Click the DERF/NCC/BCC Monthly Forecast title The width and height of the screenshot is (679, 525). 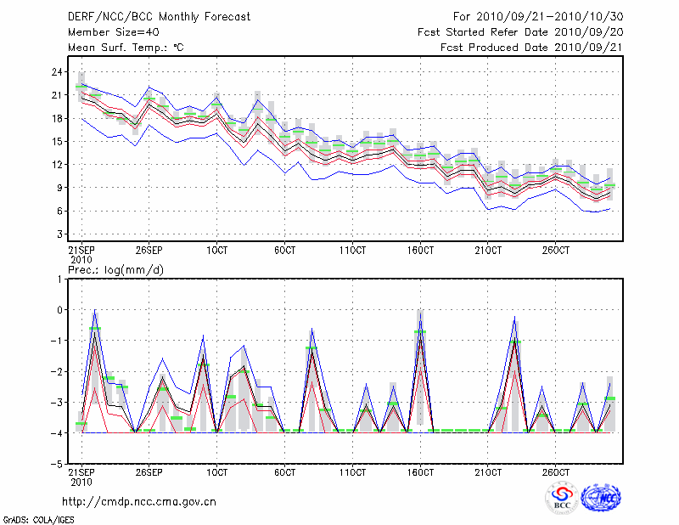pyautogui.click(x=159, y=16)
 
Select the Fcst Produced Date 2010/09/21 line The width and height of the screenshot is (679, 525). pyautogui.click(x=532, y=47)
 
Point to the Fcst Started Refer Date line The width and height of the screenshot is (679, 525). pyautogui.click(x=521, y=31)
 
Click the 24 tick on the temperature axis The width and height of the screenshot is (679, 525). pyautogui.click(x=58, y=72)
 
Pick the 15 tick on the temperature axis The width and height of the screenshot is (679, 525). pyautogui.click(x=58, y=141)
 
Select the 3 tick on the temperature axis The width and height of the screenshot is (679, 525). pyautogui.click(x=60, y=234)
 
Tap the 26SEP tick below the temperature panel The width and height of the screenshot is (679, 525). pyautogui.click(x=149, y=251)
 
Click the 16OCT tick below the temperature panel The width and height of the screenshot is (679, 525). pyautogui.click(x=421, y=251)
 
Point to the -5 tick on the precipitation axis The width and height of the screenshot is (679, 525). pyautogui.click(x=58, y=465)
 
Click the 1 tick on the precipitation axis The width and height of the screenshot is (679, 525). pyautogui.click(x=60, y=279)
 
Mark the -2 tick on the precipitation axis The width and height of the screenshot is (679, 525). pyautogui.click(x=58, y=372)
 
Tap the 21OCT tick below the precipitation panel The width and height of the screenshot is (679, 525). pyautogui.click(x=489, y=471)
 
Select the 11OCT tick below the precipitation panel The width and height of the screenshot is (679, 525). pyautogui.click(x=353, y=471)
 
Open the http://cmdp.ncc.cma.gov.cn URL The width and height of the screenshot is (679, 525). pyautogui.click(x=140, y=501)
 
